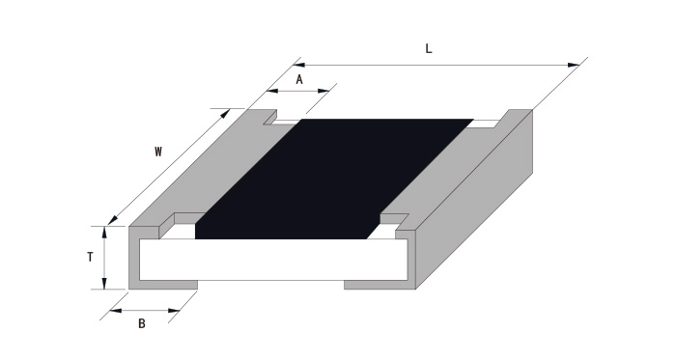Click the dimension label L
(x=429, y=48)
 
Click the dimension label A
(x=299, y=80)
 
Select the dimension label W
(x=158, y=152)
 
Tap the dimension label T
(x=90, y=257)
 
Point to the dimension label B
(x=142, y=323)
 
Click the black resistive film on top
(x=334, y=179)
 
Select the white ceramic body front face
(x=273, y=260)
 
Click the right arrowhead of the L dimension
(x=574, y=65)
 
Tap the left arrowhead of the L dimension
(x=299, y=65)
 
